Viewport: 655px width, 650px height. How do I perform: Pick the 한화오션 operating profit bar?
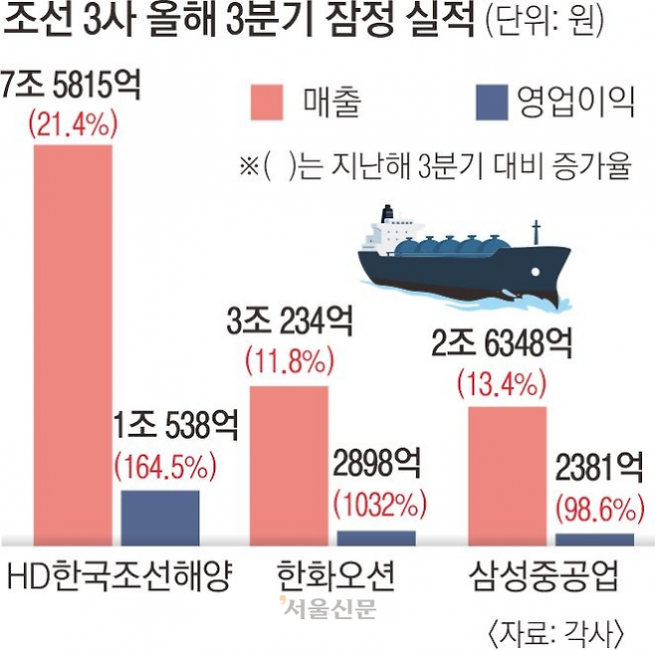pyautogui.click(x=376, y=538)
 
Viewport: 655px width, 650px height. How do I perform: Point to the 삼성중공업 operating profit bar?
pyautogui.click(x=594, y=540)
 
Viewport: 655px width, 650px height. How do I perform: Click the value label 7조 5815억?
pyautogui.click(x=73, y=88)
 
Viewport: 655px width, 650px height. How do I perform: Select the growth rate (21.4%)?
pyautogui.click(x=73, y=123)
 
